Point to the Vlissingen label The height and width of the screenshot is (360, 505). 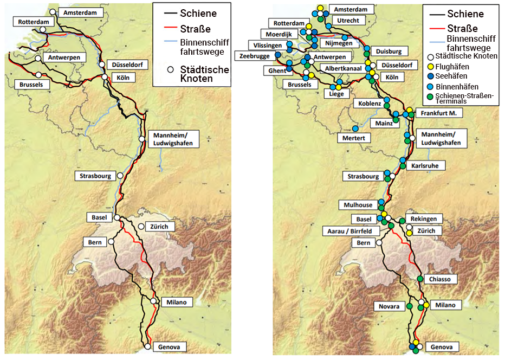click(x=265, y=45)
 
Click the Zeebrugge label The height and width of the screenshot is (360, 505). click(x=255, y=56)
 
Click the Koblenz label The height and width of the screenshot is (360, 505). click(x=370, y=103)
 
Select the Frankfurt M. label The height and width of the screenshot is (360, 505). click(x=439, y=113)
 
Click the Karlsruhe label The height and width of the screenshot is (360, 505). click(x=428, y=165)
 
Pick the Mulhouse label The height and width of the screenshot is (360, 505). click(x=358, y=205)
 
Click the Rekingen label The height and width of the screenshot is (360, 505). click(x=427, y=218)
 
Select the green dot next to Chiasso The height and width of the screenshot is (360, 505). click(x=420, y=279)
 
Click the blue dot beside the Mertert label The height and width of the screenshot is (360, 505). click(x=355, y=128)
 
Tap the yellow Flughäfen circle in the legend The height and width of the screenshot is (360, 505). click(x=431, y=66)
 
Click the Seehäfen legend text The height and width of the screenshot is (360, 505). click(x=451, y=76)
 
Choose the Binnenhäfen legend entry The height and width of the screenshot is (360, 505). click(x=455, y=86)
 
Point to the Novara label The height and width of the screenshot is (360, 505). click(x=390, y=306)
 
